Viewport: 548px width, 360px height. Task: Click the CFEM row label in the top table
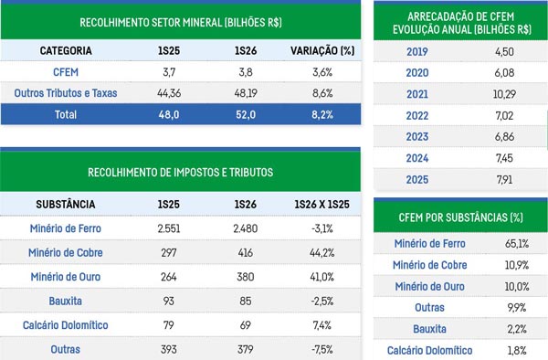point(66,72)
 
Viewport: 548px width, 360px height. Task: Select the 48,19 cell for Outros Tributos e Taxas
point(246,93)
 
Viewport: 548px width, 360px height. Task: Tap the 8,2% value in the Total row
point(322,114)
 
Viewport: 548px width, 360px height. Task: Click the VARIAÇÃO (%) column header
point(322,50)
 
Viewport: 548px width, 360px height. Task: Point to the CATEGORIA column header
point(66,50)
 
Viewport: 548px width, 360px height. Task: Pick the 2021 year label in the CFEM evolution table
point(417,94)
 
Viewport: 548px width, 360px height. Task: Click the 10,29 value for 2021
point(504,94)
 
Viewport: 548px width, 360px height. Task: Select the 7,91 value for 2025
point(504,180)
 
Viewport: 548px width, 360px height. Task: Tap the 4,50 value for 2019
point(504,52)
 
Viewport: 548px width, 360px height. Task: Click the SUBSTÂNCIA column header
point(66,204)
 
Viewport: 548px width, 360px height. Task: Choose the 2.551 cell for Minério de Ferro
point(168,228)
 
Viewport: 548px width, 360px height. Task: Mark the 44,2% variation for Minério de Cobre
point(321,253)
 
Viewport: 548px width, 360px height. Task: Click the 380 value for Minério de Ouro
point(246,277)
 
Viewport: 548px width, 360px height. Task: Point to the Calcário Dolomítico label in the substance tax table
point(66,325)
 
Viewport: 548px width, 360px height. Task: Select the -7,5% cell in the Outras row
point(321,349)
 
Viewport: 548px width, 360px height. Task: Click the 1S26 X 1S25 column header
point(321,204)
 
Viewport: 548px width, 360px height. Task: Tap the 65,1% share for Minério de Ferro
point(517,243)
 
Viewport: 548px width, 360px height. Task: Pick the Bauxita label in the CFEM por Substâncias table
point(429,329)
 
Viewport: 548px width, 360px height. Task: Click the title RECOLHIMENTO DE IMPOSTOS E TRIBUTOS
point(180,173)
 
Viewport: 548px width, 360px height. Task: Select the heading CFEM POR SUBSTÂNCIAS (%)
point(460,217)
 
